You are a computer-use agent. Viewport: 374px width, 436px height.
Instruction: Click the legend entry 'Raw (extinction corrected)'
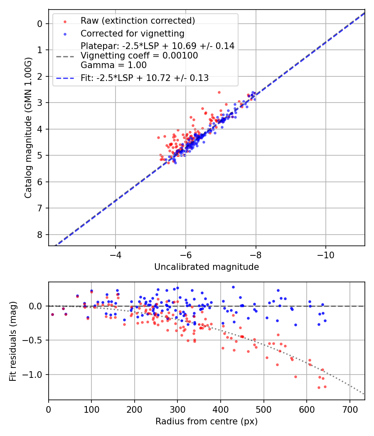coord(138,20)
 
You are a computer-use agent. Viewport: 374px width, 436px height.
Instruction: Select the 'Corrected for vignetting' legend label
coord(133,33)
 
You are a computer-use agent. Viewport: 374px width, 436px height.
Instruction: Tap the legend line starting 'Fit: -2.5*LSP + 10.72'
coord(145,78)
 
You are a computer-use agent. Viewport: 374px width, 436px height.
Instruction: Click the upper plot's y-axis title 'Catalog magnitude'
coord(28,127)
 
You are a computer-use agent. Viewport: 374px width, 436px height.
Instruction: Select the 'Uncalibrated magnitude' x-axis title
coord(207,267)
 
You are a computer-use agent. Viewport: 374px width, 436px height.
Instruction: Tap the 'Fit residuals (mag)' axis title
coord(12,341)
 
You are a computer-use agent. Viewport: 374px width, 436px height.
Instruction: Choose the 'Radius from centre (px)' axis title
coord(207,421)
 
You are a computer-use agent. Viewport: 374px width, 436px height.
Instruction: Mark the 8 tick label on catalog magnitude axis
coord(40,235)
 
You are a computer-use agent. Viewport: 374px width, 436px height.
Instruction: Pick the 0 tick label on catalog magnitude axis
coord(40,24)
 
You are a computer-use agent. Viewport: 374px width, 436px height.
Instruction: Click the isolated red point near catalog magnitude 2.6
coord(219,92)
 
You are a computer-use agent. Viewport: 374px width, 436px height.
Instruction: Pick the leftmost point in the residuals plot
coord(52,314)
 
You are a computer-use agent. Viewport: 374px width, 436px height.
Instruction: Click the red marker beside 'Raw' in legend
coord(64,20)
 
